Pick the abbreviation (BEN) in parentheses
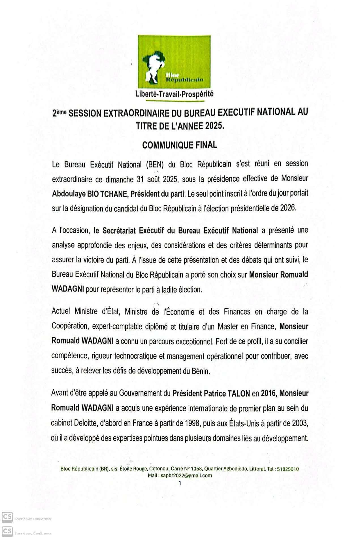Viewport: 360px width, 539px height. pyautogui.click(x=155, y=164)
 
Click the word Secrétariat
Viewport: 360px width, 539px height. pyautogui.click(x=118, y=230)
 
